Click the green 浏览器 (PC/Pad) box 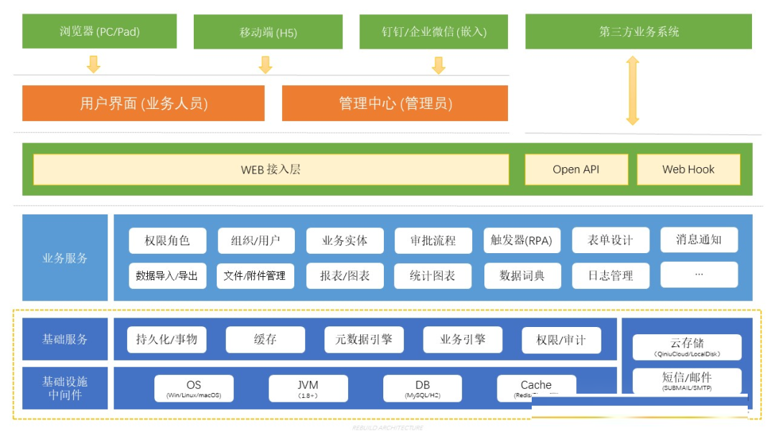(x=99, y=32)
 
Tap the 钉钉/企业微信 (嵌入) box (x=434, y=32)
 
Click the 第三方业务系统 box (x=639, y=32)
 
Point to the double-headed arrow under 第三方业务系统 (x=632, y=91)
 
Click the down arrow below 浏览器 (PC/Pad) (x=93, y=65)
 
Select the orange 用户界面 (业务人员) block (x=144, y=103)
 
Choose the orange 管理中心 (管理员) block (x=395, y=103)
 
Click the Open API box (x=576, y=170)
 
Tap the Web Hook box (x=688, y=170)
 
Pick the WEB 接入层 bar (x=271, y=170)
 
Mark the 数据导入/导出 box (x=166, y=275)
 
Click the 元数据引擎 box (x=364, y=339)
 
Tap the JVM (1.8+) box (x=308, y=389)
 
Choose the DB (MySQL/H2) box (x=422, y=389)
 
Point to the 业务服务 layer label (x=65, y=257)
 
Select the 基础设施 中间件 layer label (x=65, y=388)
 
